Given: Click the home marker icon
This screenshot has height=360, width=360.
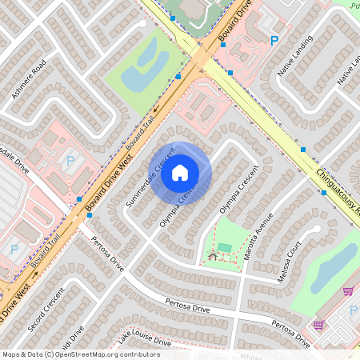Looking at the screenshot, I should [x=180, y=172].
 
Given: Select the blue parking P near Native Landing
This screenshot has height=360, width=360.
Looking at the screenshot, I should [x=274, y=41].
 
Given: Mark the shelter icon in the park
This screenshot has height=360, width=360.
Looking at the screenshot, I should [x=213, y=255].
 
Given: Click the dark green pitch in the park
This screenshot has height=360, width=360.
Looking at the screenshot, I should [x=226, y=248].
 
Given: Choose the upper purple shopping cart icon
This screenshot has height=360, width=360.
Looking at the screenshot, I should [x=348, y=291].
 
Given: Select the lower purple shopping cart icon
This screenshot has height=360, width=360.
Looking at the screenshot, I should [x=318, y=325].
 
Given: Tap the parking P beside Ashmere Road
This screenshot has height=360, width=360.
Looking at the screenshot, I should [x=69, y=161].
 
